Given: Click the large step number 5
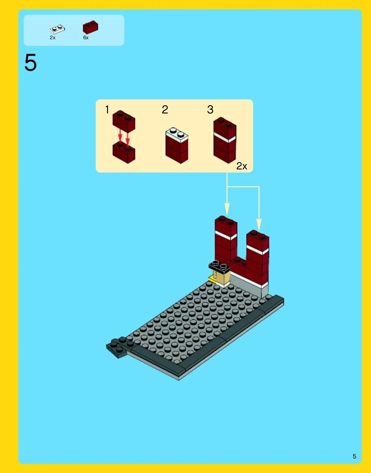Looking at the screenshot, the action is coord(31,62).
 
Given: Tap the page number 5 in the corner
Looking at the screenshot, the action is coord(354,456).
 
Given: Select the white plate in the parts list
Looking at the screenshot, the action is coord(57,29).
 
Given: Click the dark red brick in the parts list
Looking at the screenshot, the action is coord(90,27).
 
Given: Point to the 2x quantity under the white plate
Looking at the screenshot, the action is coord(53,38).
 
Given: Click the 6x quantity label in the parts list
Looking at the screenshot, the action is coord(86,38).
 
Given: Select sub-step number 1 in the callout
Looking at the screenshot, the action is coord(107,109).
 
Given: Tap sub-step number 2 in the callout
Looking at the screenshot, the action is coord(165,109).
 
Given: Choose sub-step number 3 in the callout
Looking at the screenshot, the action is coord(210,109).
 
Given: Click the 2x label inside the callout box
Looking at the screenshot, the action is coord(242,166).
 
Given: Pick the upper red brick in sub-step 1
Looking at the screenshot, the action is coord(124,121).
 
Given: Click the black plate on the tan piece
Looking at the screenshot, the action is coord(219,266).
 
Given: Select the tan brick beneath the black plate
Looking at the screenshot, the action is coord(222,278).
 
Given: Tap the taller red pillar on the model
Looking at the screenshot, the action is coord(226,241).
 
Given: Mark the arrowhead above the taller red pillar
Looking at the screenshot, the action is coord(227,209).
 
